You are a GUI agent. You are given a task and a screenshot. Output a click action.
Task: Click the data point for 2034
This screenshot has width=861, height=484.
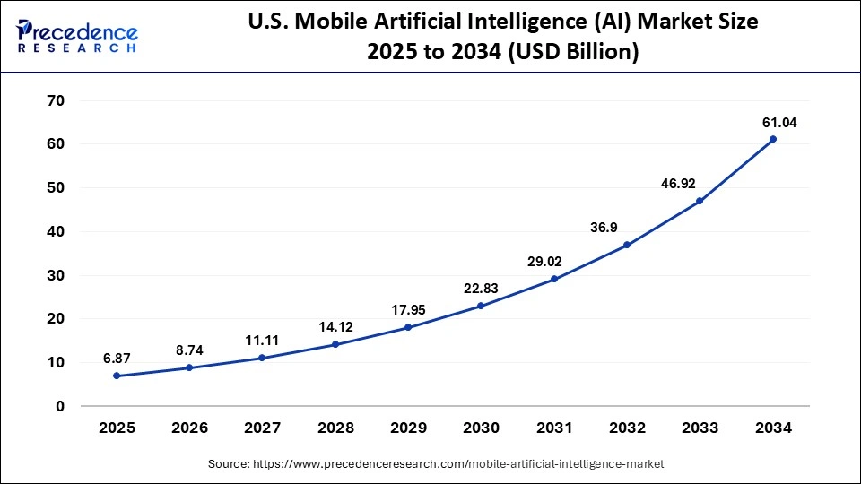(772, 139)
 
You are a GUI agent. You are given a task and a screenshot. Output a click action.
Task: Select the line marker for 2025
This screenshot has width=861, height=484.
(117, 376)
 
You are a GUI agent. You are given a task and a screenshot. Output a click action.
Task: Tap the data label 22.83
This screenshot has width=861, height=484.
(480, 288)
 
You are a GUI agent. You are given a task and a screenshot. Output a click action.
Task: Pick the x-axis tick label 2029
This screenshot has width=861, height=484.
(408, 428)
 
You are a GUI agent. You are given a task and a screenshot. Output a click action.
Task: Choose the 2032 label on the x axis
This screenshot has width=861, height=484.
(626, 428)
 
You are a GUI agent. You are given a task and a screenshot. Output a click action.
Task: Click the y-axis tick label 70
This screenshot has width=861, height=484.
(55, 100)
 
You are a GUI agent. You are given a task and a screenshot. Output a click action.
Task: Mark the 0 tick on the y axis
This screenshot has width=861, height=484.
(60, 406)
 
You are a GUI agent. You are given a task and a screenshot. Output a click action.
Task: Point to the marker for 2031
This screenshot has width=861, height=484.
(553, 279)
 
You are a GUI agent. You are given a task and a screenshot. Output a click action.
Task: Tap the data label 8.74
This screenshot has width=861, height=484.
(189, 349)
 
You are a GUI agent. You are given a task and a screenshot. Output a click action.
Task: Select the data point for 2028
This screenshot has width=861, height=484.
(335, 344)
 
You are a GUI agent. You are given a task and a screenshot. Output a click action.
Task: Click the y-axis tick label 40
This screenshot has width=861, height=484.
(55, 231)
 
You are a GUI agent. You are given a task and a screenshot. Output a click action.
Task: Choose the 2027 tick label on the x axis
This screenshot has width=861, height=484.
(262, 428)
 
